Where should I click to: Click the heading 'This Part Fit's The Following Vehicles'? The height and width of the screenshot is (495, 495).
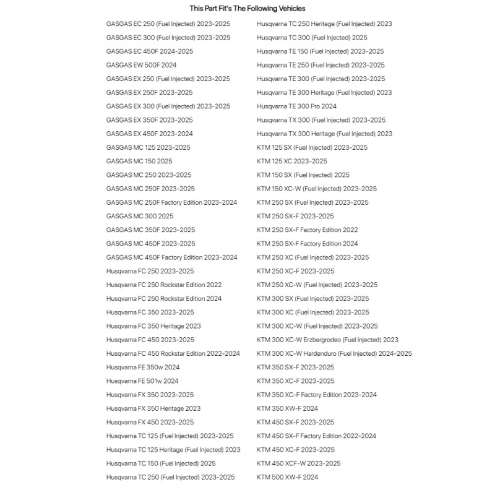pyautogui.click(x=247, y=9)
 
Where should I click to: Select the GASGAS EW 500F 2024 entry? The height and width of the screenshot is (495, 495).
pyautogui.click(x=141, y=65)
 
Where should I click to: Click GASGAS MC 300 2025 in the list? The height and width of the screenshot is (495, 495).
pyautogui.click(x=140, y=216)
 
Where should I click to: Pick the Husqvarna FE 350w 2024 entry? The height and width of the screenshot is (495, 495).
pyautogui.click(x=143, y=367)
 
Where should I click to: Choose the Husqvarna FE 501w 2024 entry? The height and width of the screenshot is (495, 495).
pyautogui.click(x=142, y=381)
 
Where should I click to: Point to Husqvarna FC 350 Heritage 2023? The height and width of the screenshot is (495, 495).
pyautogui.click(x=153, y=326)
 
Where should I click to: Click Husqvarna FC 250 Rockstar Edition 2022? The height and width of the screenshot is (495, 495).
pyautogui.click(x=164, y=285)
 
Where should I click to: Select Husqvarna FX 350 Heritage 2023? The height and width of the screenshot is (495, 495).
pyautogui.click(x=153, y=408)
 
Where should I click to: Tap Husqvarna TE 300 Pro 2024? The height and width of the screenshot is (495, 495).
pyautogui.click(x=296, y=106)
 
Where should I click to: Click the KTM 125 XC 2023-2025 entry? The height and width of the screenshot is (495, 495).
pyautogui.click(x=292, y=161)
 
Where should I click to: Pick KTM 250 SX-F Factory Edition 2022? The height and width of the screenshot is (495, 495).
pyautogui.click(x=307, y=230)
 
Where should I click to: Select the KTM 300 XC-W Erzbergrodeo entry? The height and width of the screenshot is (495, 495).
pyautogui.click(x=327, y=340)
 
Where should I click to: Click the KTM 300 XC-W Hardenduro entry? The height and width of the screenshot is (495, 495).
pyautogui.click(x=334, y=353)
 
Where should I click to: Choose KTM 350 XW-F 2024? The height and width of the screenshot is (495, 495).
pyautogui.click(x=287, y=408)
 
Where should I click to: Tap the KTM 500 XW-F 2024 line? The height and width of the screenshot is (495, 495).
pyautogui.click(x=287, y=477)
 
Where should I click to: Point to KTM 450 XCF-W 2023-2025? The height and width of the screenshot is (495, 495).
pyautogui.click(x=298, y=463)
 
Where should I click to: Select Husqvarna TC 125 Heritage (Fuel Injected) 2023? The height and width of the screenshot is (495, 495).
pyautogui.click(x=173, y=450)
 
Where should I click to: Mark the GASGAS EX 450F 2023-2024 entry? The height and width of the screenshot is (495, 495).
pyautogui.click(x=149, y=134)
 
